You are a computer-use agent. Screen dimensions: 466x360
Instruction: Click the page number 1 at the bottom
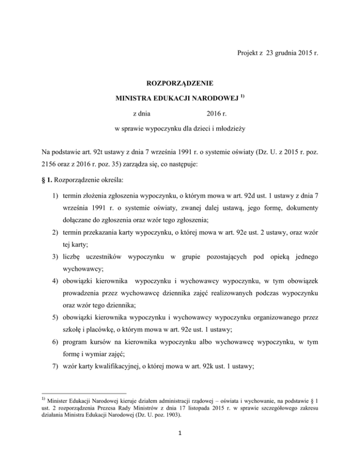pyautogui.click(x=180, y=447)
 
